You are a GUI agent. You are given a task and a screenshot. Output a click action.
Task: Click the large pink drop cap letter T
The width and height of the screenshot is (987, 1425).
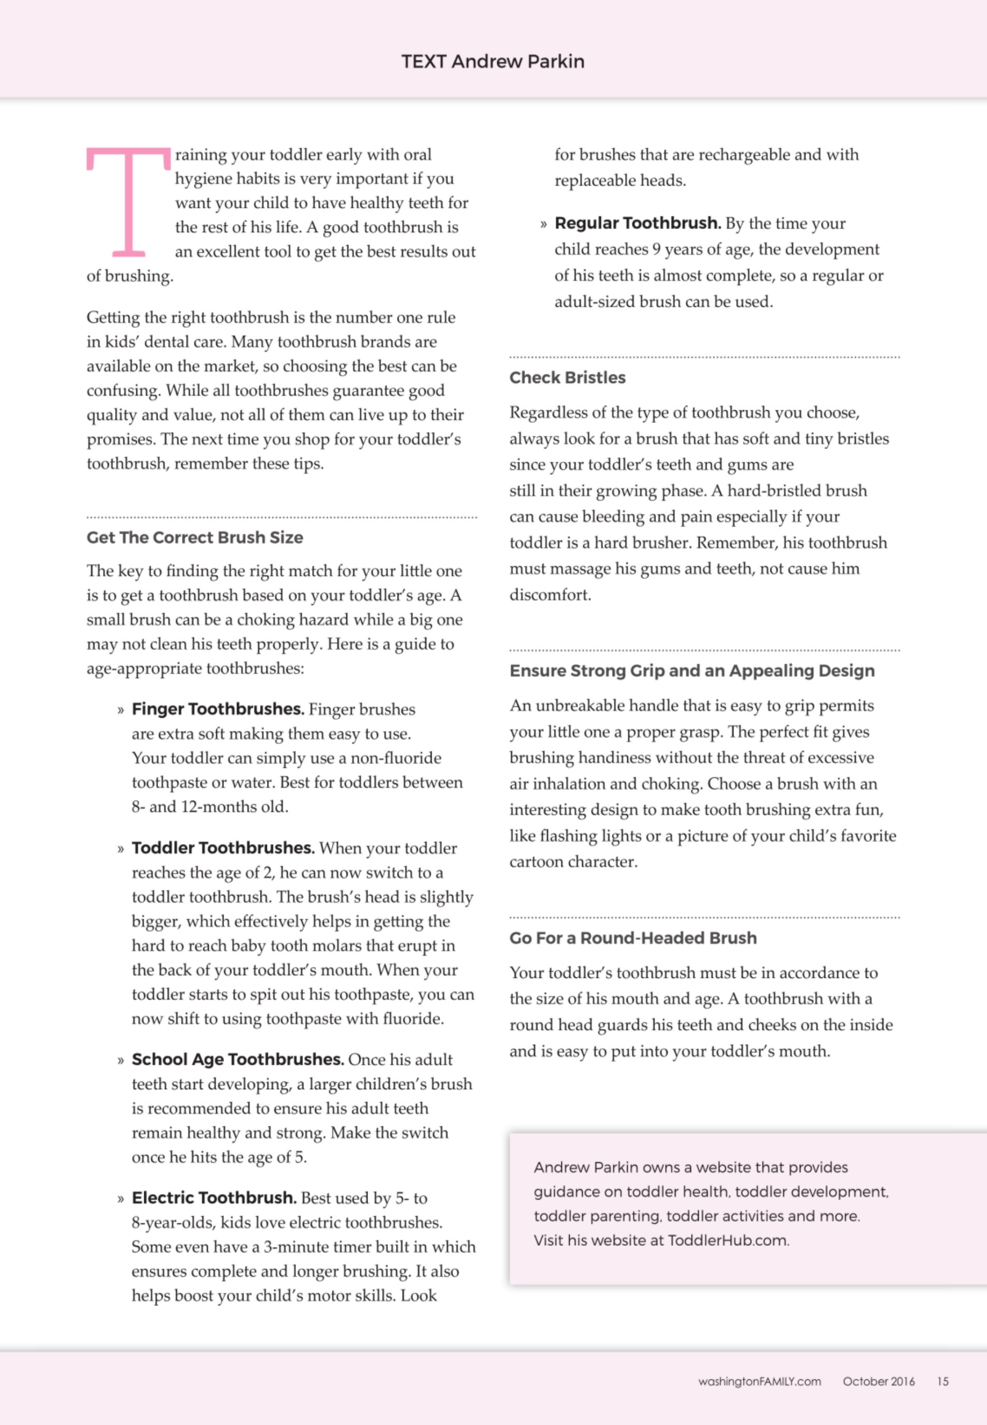pos(129,202)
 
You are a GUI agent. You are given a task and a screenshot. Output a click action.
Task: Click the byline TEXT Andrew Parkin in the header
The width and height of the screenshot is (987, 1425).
pos(492,61)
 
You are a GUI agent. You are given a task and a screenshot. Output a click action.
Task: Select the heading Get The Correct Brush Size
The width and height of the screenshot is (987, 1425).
pos(195,537)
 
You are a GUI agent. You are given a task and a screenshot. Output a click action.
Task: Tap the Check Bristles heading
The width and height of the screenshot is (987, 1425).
pos(567,377)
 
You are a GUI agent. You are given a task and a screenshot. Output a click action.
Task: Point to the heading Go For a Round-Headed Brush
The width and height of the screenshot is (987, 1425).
pos(632,938)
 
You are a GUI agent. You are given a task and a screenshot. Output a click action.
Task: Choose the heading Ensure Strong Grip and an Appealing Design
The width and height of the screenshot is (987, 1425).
pos(692,671)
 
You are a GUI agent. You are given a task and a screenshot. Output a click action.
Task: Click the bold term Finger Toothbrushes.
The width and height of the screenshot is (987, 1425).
pos(217,708)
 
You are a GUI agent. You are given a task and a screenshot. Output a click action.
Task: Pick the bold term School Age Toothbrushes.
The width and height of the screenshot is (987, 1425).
pos(237,1059)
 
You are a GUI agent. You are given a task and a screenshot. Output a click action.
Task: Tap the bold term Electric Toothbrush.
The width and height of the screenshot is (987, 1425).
pos(214,1198)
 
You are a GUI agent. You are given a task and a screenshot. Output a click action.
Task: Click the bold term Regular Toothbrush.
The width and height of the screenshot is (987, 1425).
pos(637,223)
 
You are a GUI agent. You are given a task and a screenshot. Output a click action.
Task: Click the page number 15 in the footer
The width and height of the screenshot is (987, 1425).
pos(942,1381)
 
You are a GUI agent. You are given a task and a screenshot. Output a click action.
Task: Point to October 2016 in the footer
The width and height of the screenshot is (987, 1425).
pos(878,1381)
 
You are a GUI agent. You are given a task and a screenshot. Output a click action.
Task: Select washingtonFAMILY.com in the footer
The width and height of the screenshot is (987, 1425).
pos(759,1381)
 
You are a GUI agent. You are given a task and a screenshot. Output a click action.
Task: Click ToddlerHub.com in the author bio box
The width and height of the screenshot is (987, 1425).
pos(728,1240)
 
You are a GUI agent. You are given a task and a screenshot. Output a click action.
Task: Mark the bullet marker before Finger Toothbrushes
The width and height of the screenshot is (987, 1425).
pos(121,710)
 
